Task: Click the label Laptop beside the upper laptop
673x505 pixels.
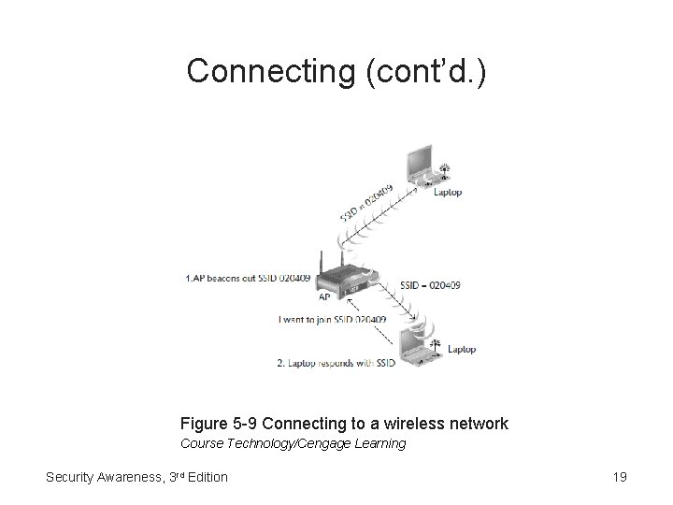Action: tap(448, 193)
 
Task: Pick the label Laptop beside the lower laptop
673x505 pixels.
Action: tap(462, 350)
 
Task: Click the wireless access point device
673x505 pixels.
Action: tap(346, 281)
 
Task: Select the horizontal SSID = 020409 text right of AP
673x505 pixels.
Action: tap(429, 284)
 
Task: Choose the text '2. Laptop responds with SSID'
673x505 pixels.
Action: tap(336, 364)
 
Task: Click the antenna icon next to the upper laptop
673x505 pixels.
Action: tap(444, 170)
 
